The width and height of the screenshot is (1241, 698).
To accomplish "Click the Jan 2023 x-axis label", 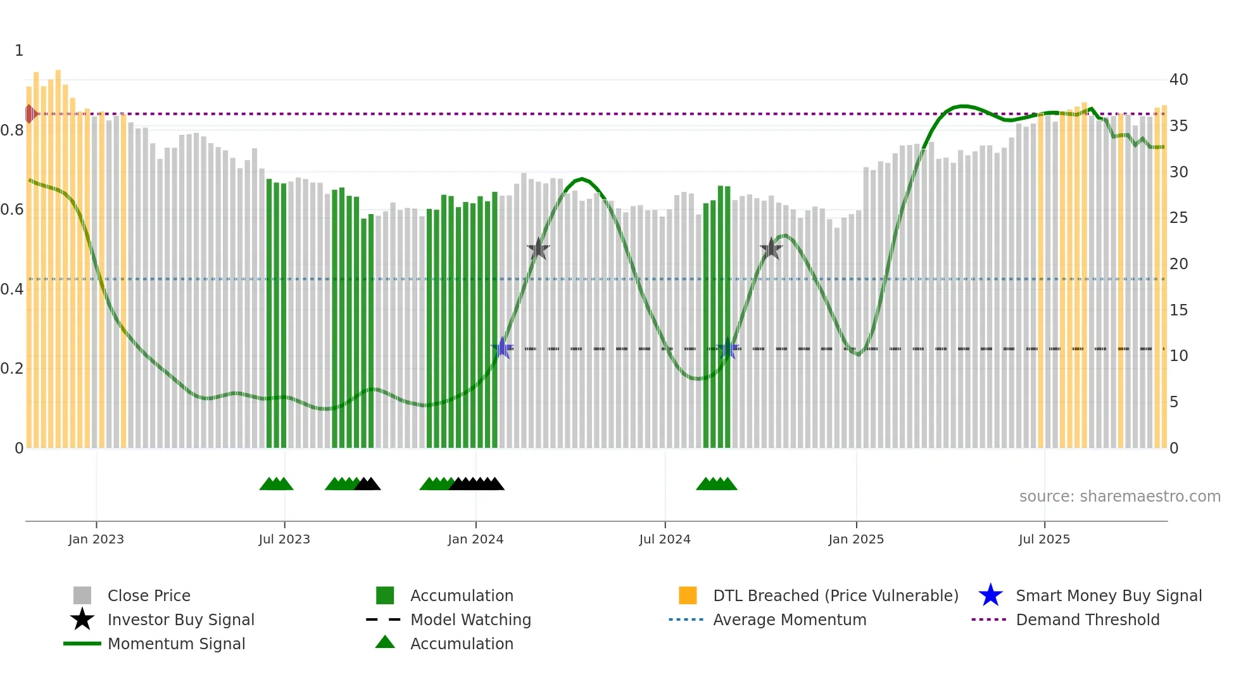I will tap(96, 540).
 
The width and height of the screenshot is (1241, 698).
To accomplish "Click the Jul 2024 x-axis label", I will tap(665, 540).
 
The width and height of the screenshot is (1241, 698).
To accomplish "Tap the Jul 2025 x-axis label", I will tap(1044, 540).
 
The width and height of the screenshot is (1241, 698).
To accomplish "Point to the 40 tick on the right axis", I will tap(1178, 80).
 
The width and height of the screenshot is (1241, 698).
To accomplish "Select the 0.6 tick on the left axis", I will tap(12, 210).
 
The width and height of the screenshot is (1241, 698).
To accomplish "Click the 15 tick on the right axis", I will tap(1178, 310).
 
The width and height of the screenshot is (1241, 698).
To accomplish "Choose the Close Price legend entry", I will tap(149, 596).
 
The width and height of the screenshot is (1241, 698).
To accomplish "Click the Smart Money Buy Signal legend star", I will tap(990, 595).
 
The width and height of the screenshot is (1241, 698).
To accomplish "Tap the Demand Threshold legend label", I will tap(1087, 620).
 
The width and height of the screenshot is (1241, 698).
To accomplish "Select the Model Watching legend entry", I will tap(470, 620).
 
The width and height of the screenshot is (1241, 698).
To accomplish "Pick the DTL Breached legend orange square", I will tap(688, 595).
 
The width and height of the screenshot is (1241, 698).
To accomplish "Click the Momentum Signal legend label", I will tap(176, 644).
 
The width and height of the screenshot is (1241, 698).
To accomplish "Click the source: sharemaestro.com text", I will tap(1119, 497).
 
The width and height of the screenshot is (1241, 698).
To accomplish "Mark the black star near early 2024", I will tap(538, 249).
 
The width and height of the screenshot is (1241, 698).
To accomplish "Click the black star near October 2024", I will tap(771, 249).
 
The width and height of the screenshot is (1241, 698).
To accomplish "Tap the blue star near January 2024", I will tap(502, 348).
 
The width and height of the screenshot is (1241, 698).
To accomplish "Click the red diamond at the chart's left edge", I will tap(30, 114).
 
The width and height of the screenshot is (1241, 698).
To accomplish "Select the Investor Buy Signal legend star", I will tap(82, 619).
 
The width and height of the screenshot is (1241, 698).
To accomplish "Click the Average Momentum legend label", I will tap(790, 620).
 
